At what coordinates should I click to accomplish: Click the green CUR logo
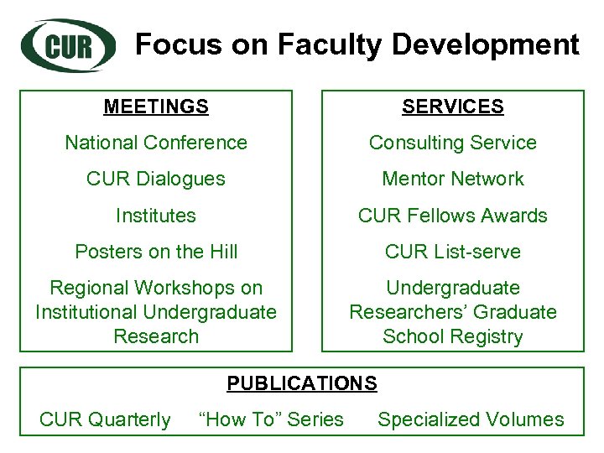(69, 44)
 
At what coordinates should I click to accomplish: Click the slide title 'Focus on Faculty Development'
(357, 44)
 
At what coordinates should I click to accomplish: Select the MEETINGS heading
(156, 107)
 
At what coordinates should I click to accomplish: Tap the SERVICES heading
(453, 107)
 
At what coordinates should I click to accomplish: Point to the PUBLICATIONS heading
(302, 383)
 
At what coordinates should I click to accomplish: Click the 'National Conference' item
(156, 143)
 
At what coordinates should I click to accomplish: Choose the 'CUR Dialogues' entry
(156, 179)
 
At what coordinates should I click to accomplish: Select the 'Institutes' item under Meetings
(156, 216)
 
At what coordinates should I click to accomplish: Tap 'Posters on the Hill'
(156, 252)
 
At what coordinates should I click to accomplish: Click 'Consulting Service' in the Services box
(453, 143)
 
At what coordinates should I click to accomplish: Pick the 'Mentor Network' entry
(453, 179)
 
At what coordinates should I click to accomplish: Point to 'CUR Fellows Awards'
(453, 216)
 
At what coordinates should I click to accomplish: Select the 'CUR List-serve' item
(453, 252)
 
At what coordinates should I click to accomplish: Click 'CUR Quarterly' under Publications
(105, 419)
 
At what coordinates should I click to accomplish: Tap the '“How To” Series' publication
(271, 419)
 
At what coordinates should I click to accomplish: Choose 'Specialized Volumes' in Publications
(471, 419)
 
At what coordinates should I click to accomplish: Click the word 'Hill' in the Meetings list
(221, 252)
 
